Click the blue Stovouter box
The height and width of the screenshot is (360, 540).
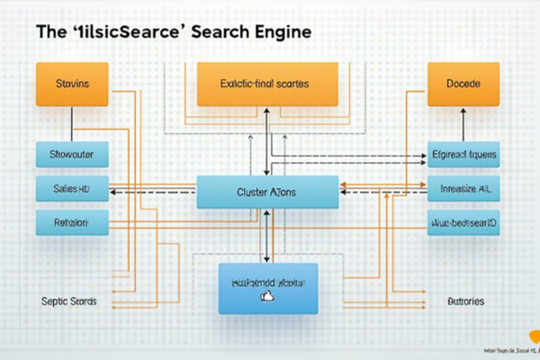(x=72, y=155)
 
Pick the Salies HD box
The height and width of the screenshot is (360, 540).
(x=72, y=189)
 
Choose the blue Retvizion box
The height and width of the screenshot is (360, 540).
(x=72, y=222)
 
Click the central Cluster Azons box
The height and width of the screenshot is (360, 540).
(x=267, y=193)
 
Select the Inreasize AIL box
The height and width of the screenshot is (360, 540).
(x=463, y=189)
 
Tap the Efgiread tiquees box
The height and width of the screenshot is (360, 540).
(x=463, y=155)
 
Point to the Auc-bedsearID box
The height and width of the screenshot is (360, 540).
(x=463, y=222)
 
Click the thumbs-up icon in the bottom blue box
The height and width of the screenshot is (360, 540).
(x=266, y=295)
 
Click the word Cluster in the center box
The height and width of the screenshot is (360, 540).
(x=254, y=193)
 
